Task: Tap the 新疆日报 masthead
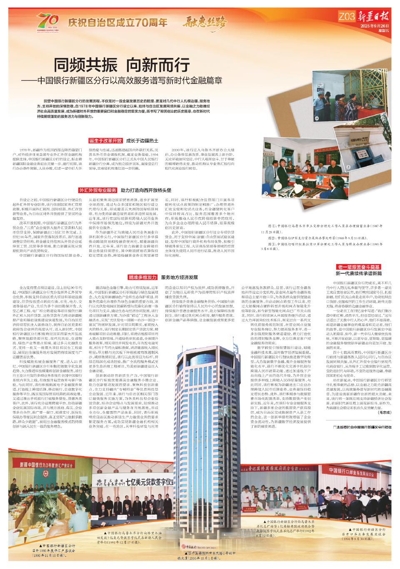(x=374, y=16)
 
